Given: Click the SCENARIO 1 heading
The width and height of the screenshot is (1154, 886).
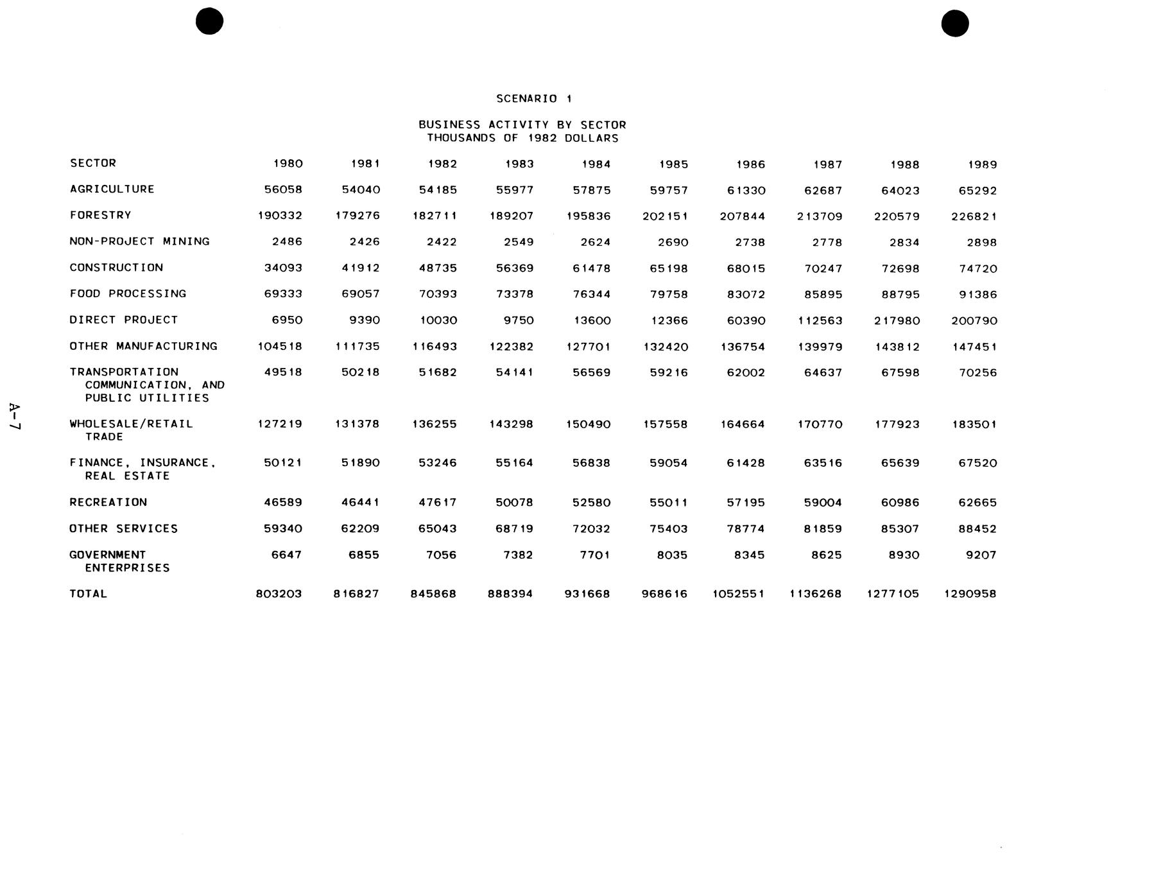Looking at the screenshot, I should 533,99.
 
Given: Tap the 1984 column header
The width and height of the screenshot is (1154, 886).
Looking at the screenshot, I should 596,164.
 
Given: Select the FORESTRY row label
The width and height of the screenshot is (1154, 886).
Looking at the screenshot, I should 100,215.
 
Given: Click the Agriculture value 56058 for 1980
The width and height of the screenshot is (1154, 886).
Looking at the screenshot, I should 283,190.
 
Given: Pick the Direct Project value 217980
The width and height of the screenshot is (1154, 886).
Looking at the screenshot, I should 897,320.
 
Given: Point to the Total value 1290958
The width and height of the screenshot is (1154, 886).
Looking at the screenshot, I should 970,594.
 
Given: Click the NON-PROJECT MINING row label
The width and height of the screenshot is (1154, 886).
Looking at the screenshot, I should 139,241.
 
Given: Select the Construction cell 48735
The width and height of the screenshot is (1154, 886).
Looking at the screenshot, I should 437,268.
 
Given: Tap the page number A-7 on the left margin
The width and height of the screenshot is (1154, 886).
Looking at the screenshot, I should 15,417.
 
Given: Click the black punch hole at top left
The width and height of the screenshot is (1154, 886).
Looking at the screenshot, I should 209,21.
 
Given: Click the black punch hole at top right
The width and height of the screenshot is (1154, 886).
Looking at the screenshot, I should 954,24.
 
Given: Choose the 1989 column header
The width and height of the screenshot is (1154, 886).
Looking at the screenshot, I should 982,165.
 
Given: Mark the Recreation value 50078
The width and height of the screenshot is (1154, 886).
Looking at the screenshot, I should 514,503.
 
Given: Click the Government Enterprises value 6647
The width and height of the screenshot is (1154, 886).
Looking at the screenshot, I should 286,555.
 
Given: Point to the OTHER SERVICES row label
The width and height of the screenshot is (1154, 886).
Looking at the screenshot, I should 123,528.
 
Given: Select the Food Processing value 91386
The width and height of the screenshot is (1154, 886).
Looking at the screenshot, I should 977,295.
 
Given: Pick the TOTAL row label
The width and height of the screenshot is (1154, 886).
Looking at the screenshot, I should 88,594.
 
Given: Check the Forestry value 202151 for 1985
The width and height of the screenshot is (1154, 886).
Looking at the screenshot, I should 665,216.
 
